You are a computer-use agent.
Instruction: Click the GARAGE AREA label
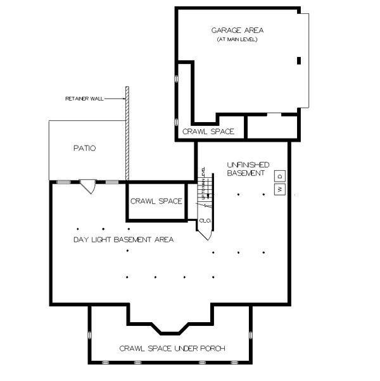[x=238, y=30]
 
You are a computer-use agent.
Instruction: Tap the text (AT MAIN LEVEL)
[x=238, y=40]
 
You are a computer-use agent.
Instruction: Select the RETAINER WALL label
[x=84, y=99]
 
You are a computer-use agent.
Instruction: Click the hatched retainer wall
[x=127, y=133]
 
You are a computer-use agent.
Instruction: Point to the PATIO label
[x=84, y=149]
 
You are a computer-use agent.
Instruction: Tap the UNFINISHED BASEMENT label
[x=247, y=169]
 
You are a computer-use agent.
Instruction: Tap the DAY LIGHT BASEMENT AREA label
[x=123, y=240]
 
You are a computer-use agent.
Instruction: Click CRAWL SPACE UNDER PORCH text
[x=172, y=349]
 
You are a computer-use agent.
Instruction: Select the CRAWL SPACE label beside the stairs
[x=156, y=201]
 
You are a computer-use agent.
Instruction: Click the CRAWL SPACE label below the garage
[x=208, y=132]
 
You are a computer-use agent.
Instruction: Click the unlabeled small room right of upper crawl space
[x=272, y=127]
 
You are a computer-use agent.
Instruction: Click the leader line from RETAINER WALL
[x=115, y=99]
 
